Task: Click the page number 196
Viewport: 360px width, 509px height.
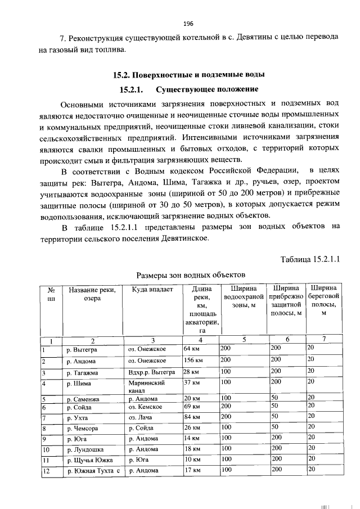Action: tap(188, 23)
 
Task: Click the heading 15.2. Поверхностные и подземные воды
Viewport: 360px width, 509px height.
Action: tap(188, 74)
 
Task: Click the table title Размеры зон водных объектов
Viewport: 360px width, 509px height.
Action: tap(191, 274)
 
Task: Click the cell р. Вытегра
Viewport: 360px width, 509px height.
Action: tap(82, 349)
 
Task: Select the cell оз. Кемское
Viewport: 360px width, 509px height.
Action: tap(145, 407)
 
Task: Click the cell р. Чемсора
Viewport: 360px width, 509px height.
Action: tap(84, 427)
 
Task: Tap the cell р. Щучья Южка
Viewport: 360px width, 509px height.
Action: tap(89, 460)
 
